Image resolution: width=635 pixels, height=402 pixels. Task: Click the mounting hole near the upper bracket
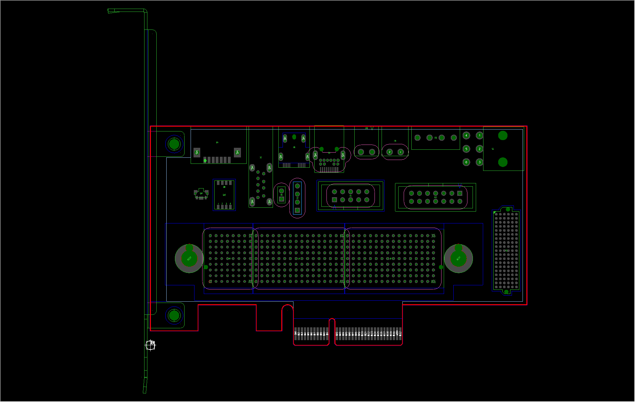[174, 144]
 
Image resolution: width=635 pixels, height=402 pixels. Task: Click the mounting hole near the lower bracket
[174, 315]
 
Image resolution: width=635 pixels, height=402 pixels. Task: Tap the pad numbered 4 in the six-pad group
[466, 136]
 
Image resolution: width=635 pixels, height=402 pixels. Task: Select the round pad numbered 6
[466, 162]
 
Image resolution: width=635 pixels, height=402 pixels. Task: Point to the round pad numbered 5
[466, 149]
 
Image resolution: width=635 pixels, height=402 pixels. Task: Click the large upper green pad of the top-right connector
[503, 136]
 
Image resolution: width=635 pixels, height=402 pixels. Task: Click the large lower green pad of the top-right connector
[503, 162]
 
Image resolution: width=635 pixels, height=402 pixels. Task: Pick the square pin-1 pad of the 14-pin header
[460, 193]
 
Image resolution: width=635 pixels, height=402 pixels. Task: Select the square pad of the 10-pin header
[334, 200]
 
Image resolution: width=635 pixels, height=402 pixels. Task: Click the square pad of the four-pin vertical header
[297, 210]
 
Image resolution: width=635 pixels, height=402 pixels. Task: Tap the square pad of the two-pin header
[281, 199]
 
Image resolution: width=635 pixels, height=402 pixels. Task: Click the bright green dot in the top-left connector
[205, 161]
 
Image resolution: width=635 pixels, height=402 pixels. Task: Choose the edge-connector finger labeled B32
[400, 333]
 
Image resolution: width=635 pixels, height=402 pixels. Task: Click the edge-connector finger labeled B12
[336, 333]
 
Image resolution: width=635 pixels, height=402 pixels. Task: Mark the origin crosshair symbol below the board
[150, 345]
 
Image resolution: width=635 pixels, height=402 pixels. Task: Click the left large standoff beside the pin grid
[189, 258]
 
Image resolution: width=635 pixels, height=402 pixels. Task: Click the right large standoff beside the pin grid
[458, 258]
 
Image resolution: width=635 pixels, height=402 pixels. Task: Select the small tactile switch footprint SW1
[201, 194]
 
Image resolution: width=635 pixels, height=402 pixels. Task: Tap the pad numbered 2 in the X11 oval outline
[389, 152]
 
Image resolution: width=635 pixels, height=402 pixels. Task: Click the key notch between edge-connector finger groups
[332, 330]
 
